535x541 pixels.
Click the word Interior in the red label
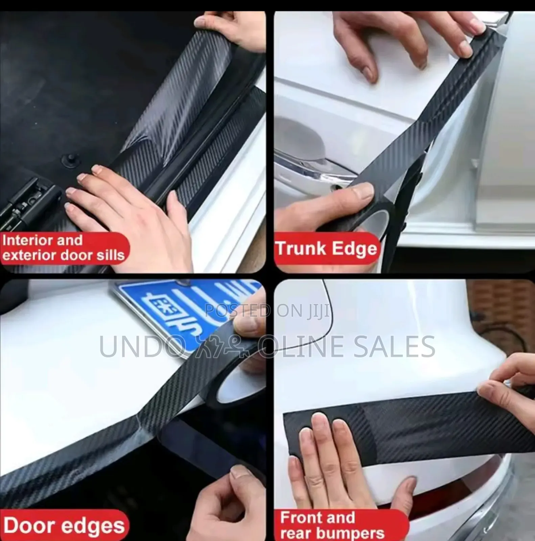(24, 240)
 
